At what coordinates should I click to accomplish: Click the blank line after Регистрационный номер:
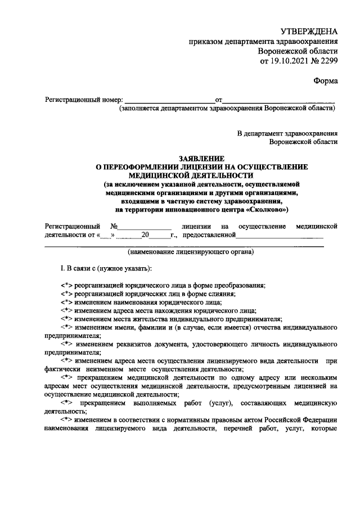pyautogui.click(x=169, y=100)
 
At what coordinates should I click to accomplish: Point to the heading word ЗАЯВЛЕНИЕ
pyautogui.click(x=201, y=159)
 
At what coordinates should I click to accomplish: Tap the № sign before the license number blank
pyautogui.click(x=114, y=226)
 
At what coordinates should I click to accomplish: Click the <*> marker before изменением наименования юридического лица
pyautogui.click(x=67, y=302)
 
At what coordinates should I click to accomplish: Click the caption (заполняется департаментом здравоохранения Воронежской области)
pyautogui.click(x=227, y=109)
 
